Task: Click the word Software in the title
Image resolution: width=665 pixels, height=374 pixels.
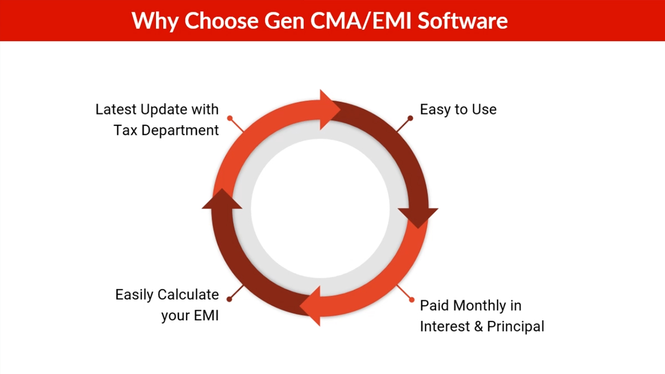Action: click(x=463, y=21)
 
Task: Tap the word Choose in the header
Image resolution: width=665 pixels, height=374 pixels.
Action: click(x=222, y=21)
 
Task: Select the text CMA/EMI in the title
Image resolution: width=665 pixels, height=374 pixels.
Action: click(x=361, y=21)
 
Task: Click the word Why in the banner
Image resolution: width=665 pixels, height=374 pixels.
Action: click(x=155, y=22)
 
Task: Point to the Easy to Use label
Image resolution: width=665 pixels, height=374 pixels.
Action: click(x=458, y=109)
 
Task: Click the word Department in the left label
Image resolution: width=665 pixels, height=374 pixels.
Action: click(x=180, y=131)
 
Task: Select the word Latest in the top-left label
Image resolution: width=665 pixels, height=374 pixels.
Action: click(x=116, y=109)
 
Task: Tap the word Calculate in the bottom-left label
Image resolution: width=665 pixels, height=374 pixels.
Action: click(x=188, y=295)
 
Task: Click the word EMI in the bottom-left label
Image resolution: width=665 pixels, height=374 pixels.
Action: click(x=207, y=315)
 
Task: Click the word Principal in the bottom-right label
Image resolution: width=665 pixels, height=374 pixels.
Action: click(x=516, y=326)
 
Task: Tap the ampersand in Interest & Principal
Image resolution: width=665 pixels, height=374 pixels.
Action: click(x=478, y=326)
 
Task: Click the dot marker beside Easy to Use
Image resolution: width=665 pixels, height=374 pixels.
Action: click(x=410, y=118)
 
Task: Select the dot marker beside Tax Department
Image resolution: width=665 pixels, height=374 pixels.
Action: click(x=230, y=118)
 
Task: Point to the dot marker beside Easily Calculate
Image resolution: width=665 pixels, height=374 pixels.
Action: click(x=229, y=299)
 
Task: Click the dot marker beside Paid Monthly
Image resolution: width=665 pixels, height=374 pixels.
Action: click(x=411, y=300)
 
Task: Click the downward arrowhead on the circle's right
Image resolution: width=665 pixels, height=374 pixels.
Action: click(x=418, y=216)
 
